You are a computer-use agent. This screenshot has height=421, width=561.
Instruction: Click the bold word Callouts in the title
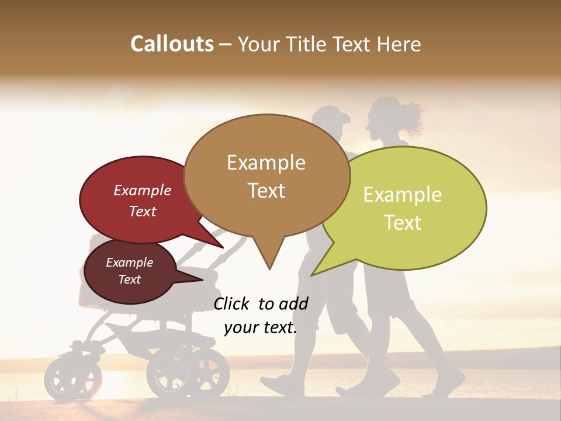(172, 44)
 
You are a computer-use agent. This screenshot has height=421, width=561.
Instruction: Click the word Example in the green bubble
(403, 195)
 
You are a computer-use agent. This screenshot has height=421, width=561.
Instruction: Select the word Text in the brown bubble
(266, 191)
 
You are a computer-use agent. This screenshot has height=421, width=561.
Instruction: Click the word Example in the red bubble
(143, 191)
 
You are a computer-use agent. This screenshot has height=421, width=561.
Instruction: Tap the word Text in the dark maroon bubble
(129, 279)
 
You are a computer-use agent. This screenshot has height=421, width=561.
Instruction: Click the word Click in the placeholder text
(232, 303)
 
